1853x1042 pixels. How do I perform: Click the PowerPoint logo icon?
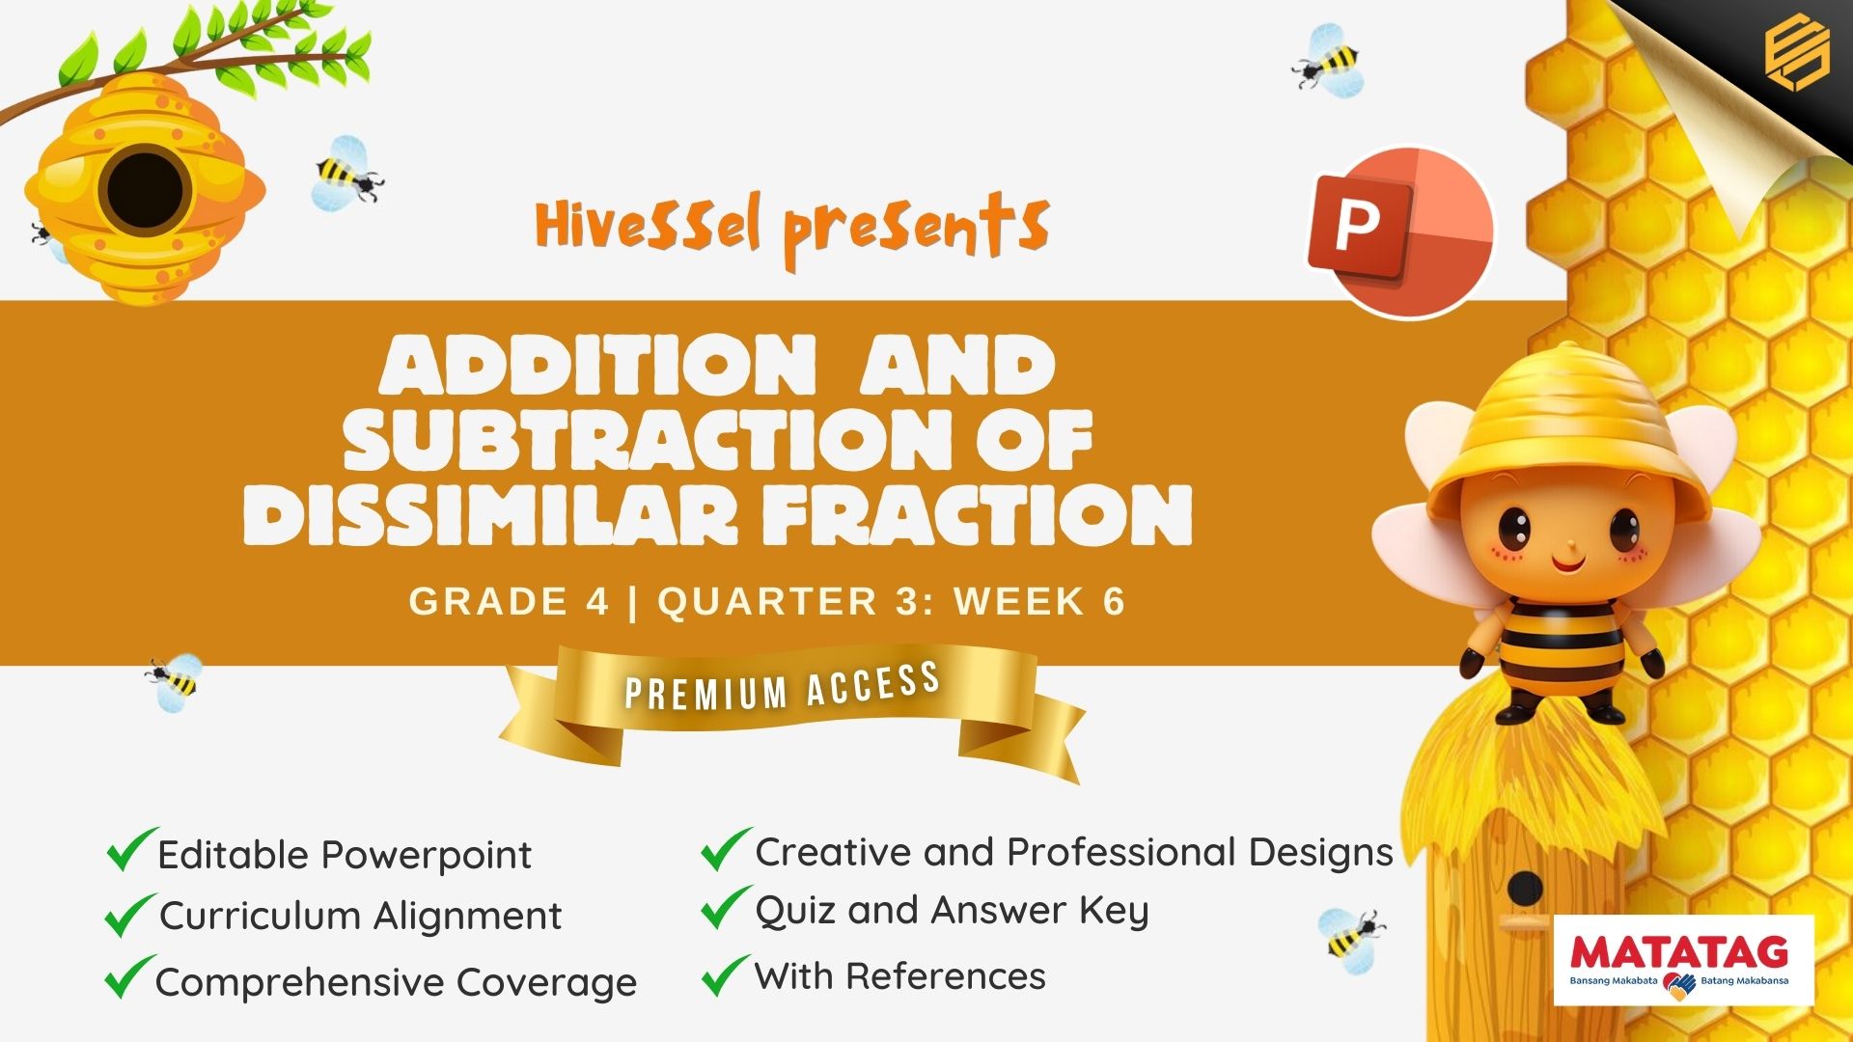(x=1400, y=233)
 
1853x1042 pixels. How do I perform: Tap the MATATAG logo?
(x=1683, y=961)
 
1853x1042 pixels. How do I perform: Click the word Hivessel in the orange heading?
(x=649, y=225)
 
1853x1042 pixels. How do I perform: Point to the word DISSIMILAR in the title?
(x=489, y=512)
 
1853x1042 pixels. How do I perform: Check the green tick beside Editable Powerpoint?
(x=130, y=850)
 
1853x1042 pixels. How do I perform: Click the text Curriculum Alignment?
(x=360, y=916)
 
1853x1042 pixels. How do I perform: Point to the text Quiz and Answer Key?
(x=952, y=911)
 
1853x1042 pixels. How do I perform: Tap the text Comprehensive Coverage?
(x=396, y=983)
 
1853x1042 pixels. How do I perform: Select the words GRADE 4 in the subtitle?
(x=509, y=601)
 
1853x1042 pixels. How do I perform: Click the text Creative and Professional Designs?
(x=1074, y=853)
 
